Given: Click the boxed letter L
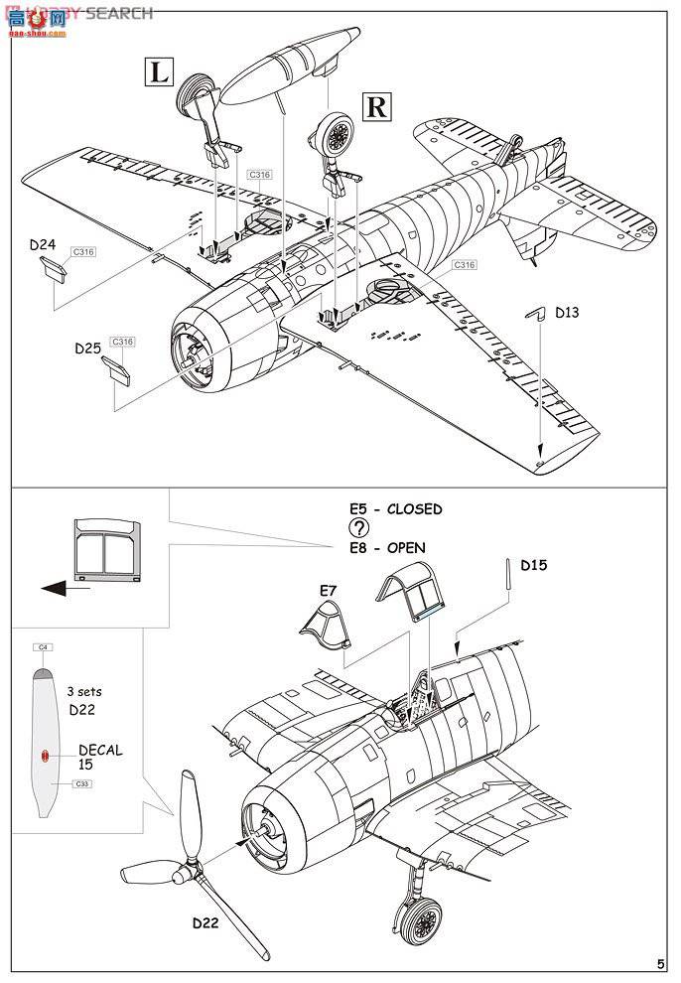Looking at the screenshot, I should point(158,70).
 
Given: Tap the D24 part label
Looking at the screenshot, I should point(43,244).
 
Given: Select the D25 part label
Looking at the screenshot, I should point(87,350).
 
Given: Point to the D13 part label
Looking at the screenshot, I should point(567,313).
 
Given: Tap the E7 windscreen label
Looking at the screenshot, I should point(328,591).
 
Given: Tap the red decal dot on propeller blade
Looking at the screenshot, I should point(46,756).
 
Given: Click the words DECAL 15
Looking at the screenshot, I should point(100,758).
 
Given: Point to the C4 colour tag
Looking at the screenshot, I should point(43,647).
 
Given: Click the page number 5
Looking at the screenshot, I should point(660,964).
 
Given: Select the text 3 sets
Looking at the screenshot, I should point(84,691).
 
